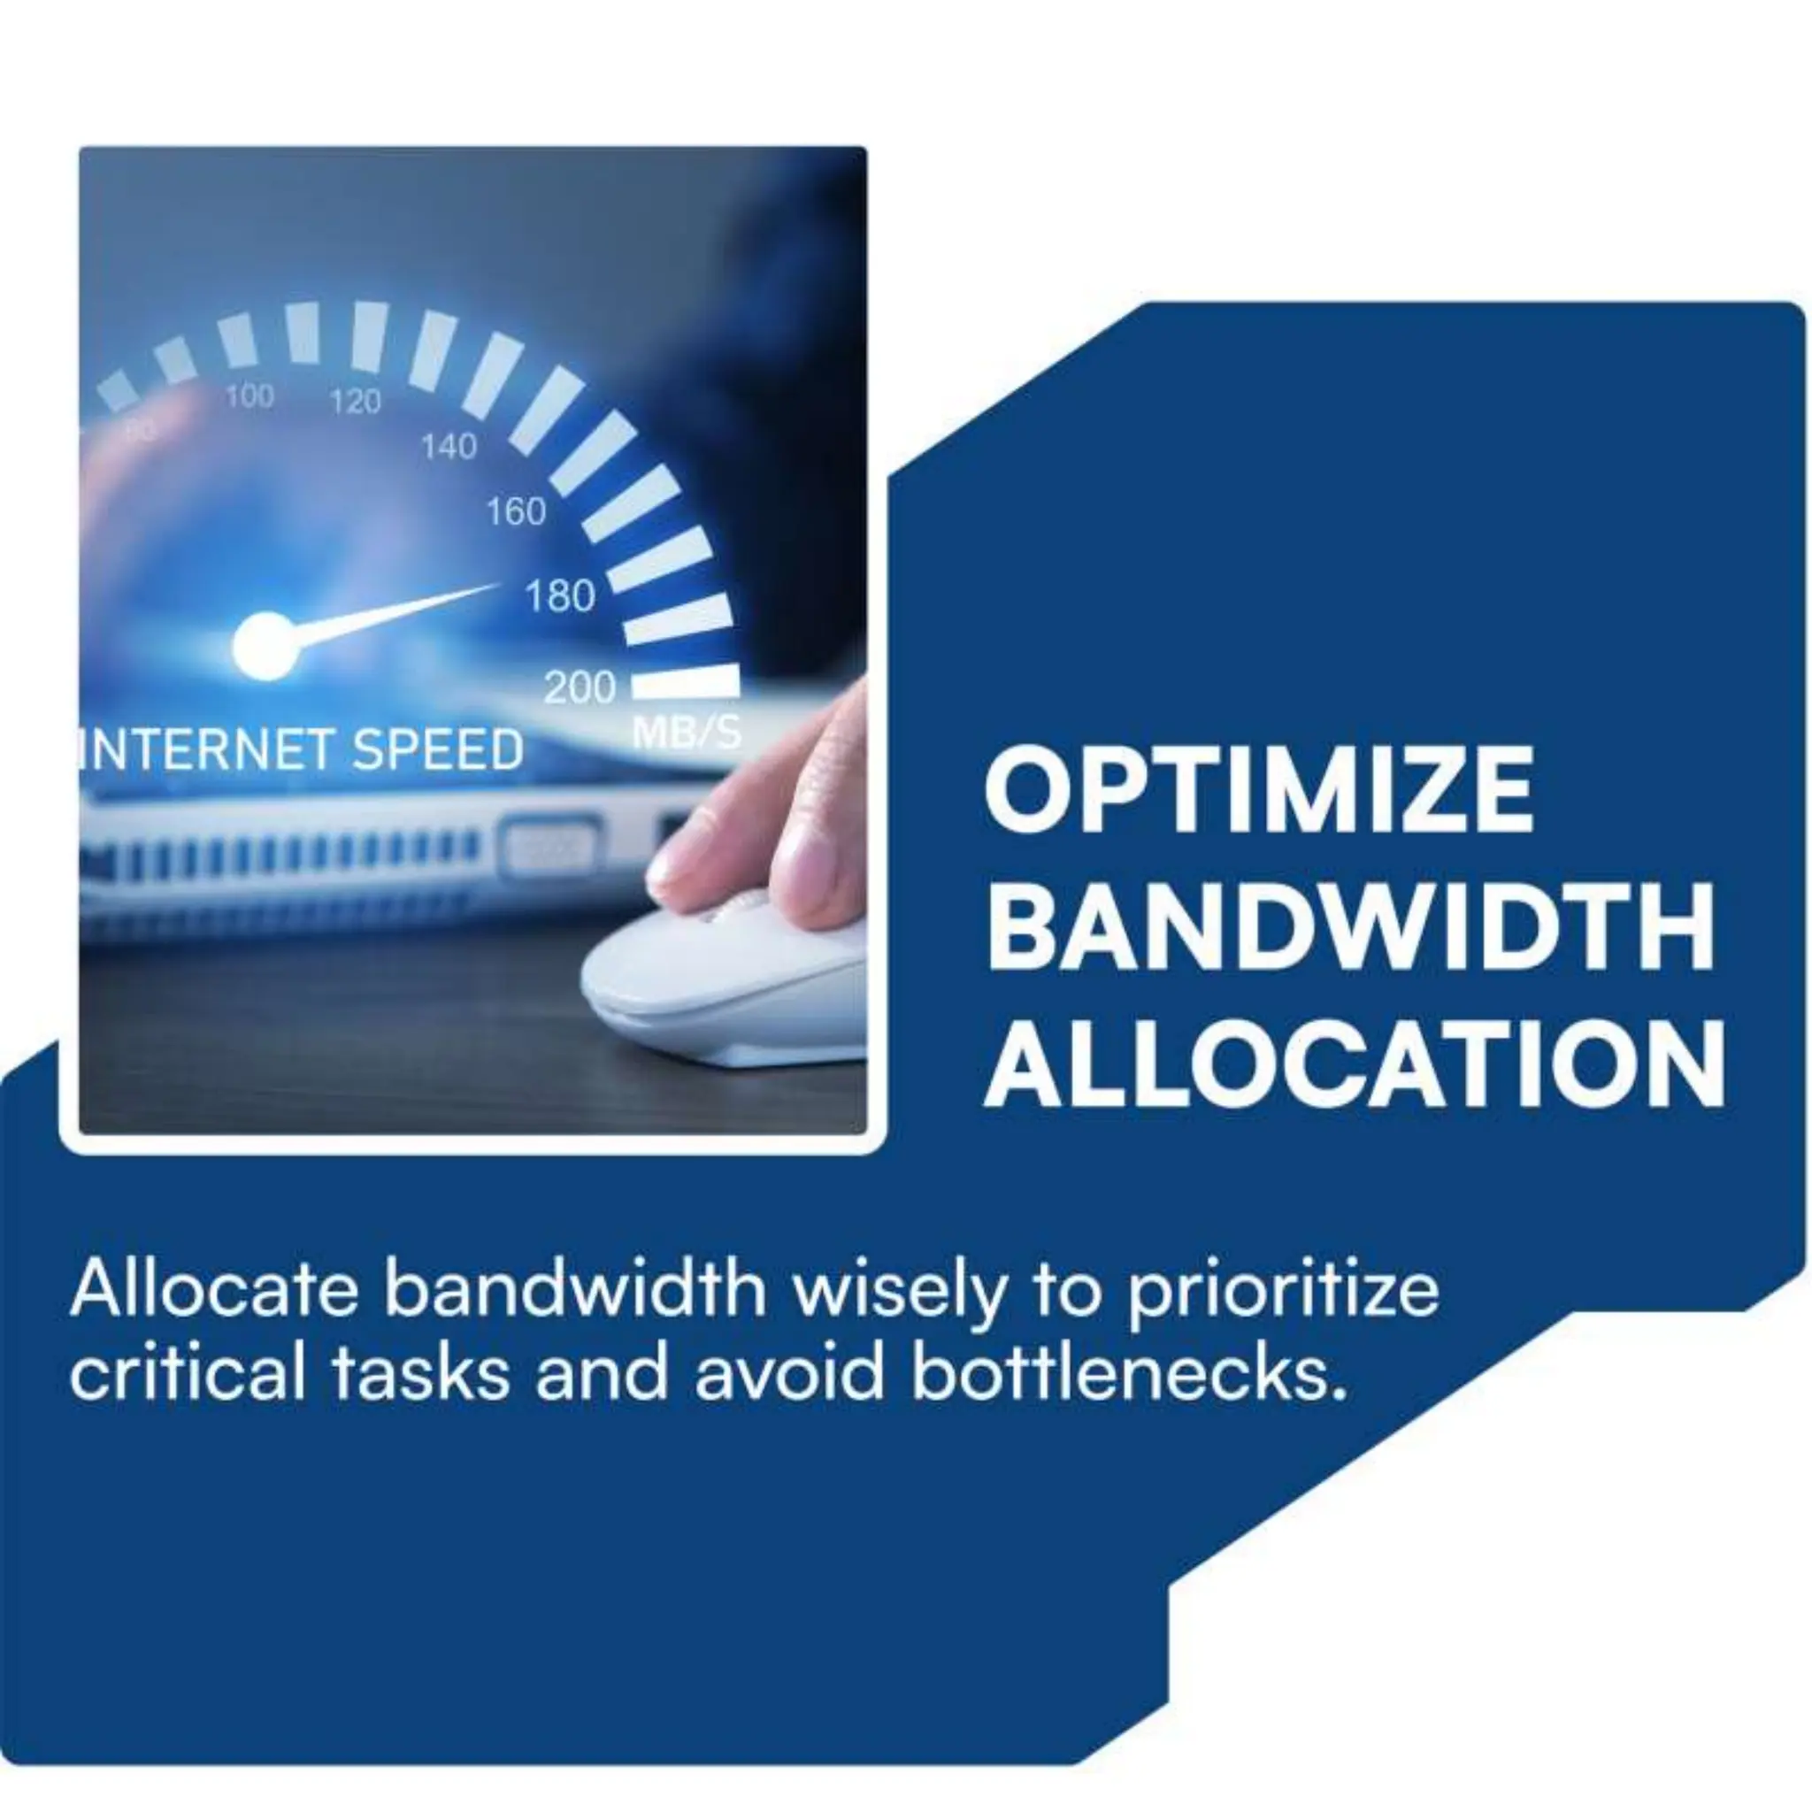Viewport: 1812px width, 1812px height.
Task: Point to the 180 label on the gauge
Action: (x=560, y=596)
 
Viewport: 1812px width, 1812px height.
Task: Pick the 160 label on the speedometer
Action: (x=515, y=512)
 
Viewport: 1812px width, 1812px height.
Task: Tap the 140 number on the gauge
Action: (x=449, y=448)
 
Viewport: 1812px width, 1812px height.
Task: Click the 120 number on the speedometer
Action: (x=355, y=403)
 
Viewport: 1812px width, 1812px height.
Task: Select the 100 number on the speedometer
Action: (x=250, y=396)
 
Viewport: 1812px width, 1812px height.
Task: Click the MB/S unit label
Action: (x=687, y=733)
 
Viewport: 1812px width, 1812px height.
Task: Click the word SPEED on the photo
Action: (x=438, y=751)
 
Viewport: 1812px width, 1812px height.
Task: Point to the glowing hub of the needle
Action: (x=265, y=645)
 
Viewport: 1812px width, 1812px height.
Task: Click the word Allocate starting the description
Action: (x=215, y=1291)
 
